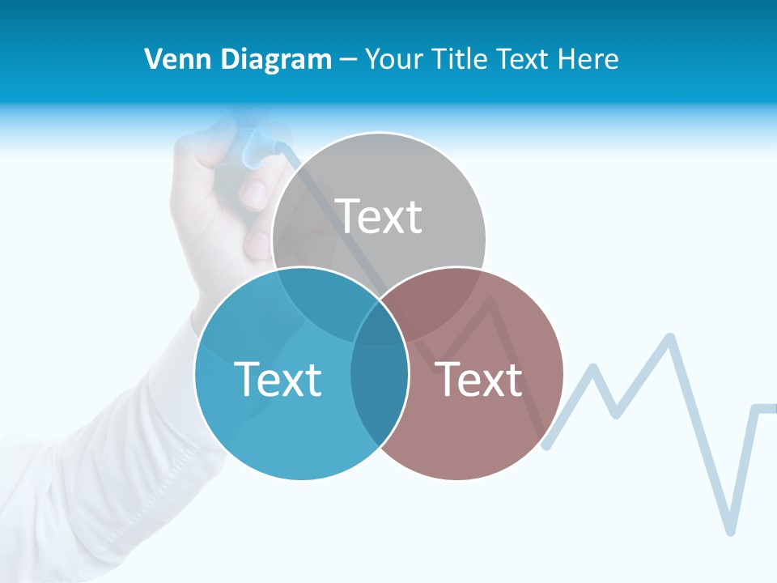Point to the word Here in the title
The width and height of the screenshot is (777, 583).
(591, 59)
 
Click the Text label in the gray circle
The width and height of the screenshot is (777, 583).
(379, 216)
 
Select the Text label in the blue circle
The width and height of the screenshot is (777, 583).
(278, 379)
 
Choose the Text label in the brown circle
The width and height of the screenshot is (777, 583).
(479, 379)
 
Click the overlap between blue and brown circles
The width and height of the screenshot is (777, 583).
(379, 377)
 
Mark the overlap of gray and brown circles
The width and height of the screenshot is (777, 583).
(441, 304)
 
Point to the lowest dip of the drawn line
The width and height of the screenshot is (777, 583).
(730, 530)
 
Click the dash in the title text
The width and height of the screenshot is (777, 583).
(348, 60)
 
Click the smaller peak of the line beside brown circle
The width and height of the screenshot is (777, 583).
(593, 369)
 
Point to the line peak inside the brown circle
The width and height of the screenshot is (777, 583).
(490, 301)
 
